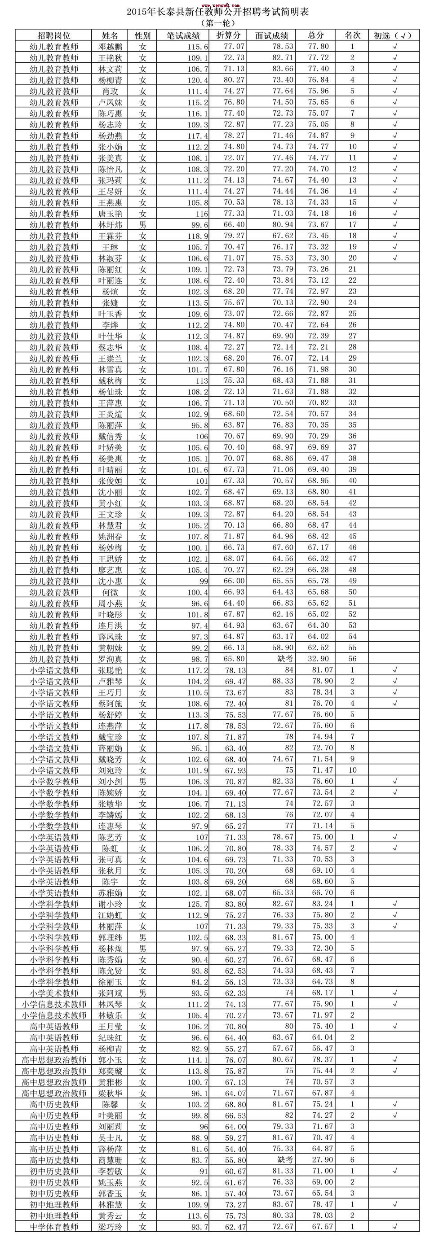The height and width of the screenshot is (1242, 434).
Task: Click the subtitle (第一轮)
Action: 217,23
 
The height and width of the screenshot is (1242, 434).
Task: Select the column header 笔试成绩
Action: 183,35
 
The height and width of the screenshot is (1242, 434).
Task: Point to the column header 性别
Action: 142,35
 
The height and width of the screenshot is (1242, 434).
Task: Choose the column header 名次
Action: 352,35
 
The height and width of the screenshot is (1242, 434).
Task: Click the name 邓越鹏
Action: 110,47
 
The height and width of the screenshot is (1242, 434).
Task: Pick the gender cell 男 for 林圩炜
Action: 142,225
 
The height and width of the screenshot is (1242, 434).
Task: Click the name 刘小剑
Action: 110,782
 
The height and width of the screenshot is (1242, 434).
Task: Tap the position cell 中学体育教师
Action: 53,1227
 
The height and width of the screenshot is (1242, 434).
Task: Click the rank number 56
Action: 352,659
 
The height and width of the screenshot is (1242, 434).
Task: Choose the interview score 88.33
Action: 283,681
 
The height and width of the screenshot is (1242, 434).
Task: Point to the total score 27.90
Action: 319,1160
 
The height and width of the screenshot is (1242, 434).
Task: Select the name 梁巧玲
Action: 110,1227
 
